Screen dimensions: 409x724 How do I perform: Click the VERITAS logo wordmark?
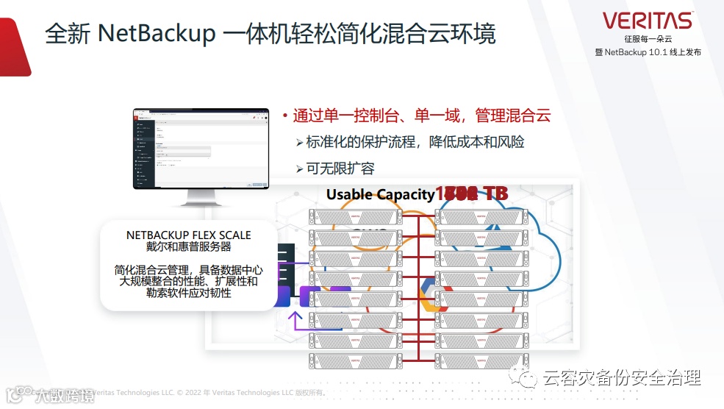coord(647,21)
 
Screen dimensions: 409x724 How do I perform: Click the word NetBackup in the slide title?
coord(156,34)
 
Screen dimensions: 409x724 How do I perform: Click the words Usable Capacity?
coord(380,194)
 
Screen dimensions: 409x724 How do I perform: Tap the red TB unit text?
coord(495,194)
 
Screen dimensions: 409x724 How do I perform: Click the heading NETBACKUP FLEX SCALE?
coord(188,235)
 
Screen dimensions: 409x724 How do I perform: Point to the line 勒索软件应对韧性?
coord(188,293)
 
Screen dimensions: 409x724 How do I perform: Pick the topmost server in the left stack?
coord(355,217)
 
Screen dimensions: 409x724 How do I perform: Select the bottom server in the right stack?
coord(481,361)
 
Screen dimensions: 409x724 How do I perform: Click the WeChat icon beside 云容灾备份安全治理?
coord(527,378)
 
